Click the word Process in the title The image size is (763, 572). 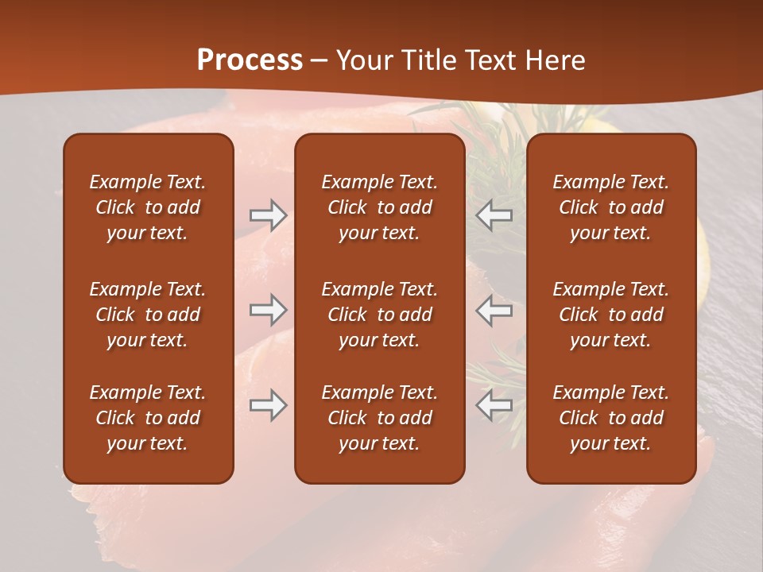coord(250,60)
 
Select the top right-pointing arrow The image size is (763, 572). coord(268,215)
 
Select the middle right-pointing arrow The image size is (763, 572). coord(268,310)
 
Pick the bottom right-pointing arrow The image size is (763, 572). coord(268,405)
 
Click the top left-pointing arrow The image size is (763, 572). coord(494,215)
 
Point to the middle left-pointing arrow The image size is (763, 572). coord(494,310)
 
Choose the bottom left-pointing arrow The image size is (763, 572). coord(494,405)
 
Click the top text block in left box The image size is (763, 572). coord(148,207)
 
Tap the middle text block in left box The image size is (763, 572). coord(148,315)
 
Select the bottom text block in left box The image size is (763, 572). coord(148,418)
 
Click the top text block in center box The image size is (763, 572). coord(379,207)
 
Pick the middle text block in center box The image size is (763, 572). coord(379,315)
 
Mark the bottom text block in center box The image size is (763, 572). coord(379,418)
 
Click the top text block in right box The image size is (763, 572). coord(610,207)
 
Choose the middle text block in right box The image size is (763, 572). coord(610,315)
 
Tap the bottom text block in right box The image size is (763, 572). coord(610,418)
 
